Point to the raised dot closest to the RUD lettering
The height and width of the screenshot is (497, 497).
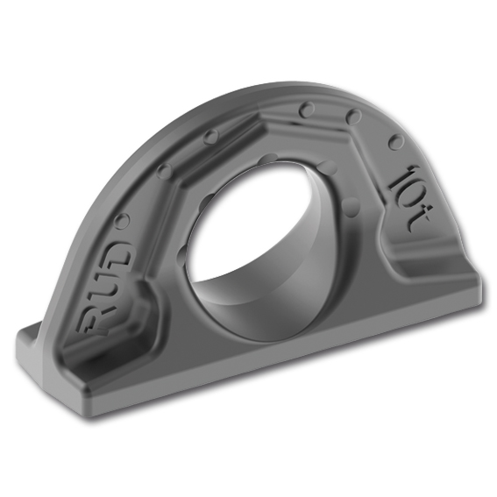[123, 220]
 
